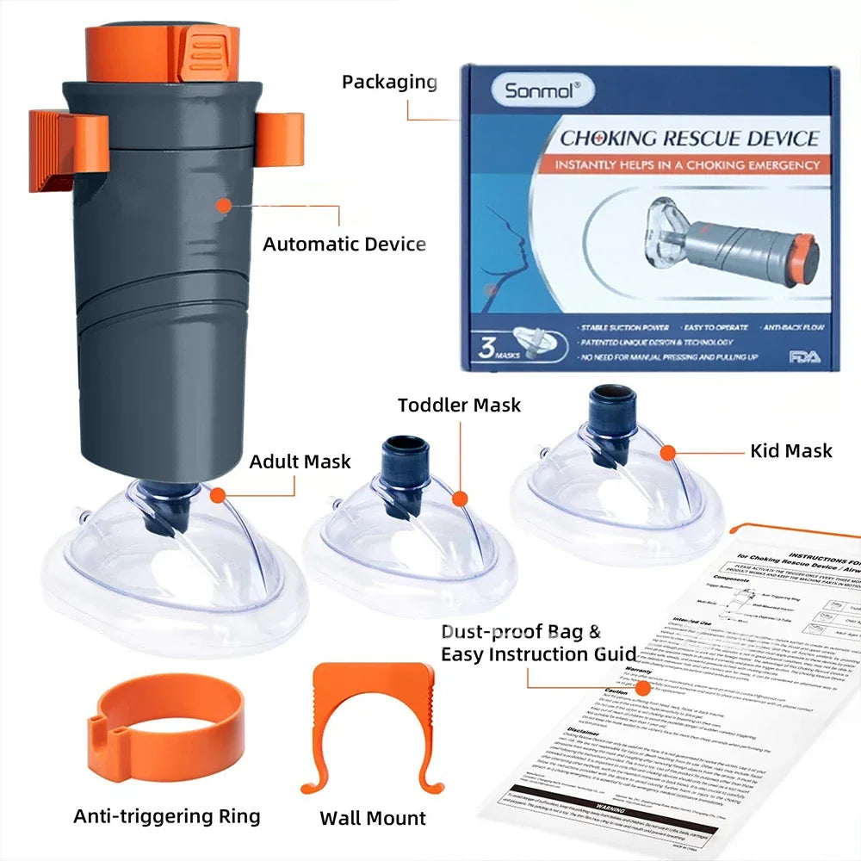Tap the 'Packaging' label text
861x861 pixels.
[x=389, y=83]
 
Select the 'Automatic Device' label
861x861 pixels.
[x=344, y=244]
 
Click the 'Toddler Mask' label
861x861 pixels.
[x=459, y=405]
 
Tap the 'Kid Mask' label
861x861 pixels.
[x=790, y=450]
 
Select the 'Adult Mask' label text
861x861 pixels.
[x=300, y=461]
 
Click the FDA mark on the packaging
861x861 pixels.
[x=804, y=356]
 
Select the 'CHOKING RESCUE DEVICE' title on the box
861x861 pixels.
[x=689, y=138]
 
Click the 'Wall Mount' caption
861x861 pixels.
[x=372, y=818]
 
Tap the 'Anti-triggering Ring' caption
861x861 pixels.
[x=166, y=815]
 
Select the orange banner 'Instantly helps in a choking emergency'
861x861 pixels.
[x=686, y=164]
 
